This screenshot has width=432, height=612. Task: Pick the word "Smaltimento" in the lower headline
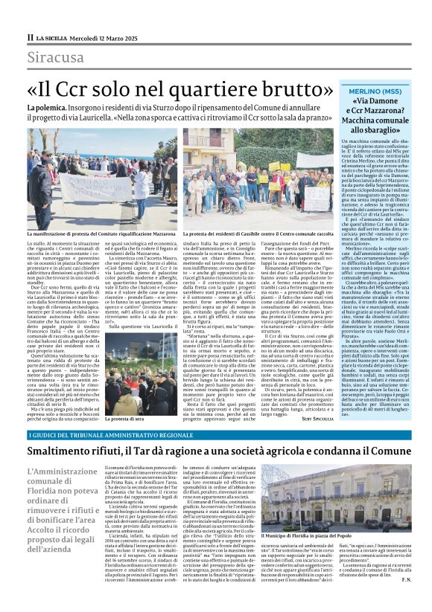[x=66, y=451]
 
